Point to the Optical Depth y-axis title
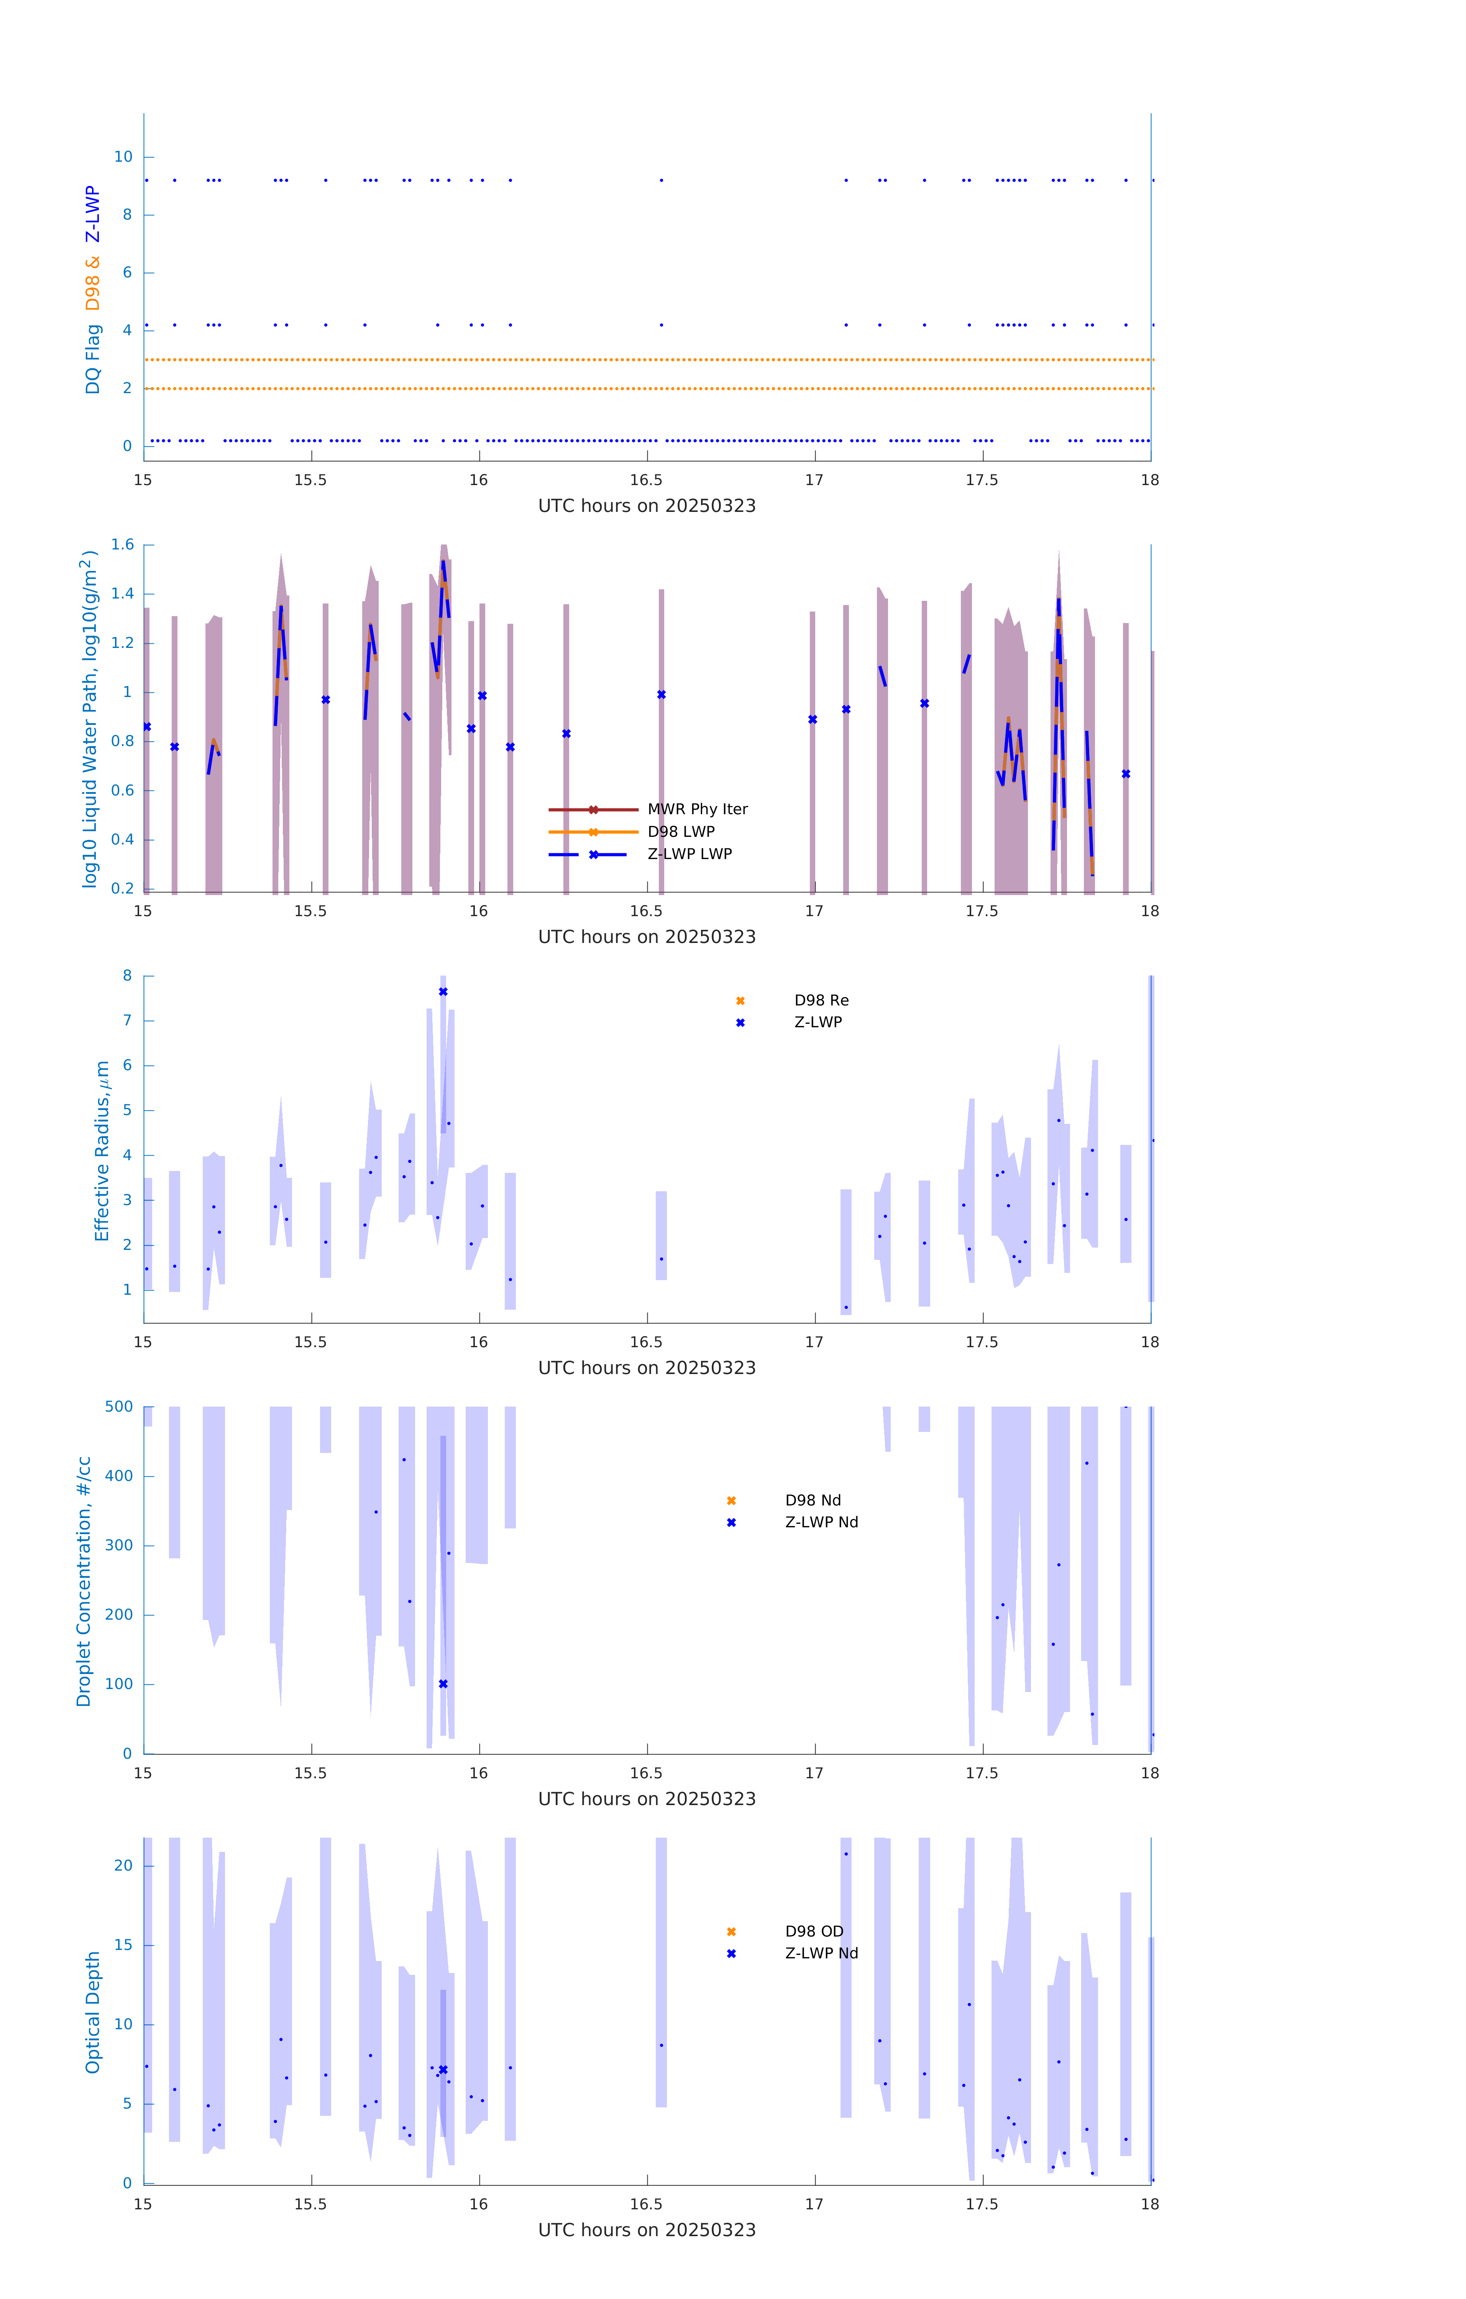pyautogui.click(x=93, y=2012)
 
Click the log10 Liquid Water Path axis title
pyautogui.click(x=90, y=719)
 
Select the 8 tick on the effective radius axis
pyautogui.click(x=127, y=976)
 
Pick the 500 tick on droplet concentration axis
pyautogui.click(x=119, y=1406)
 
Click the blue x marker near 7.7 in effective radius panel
pyautogui.click(x=443, y=992)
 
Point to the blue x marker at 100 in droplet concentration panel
pyautogui.click(x=443, y=1684)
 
